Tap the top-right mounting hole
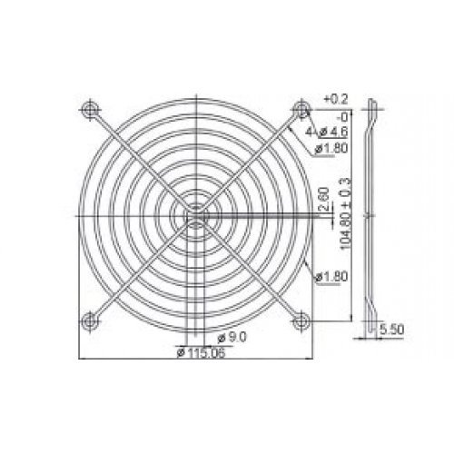coord(301,110)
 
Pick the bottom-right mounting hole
coord(301,319)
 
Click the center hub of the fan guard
coord(194,214)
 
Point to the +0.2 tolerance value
coord(335,97)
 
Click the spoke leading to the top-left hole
coord(136,156)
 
